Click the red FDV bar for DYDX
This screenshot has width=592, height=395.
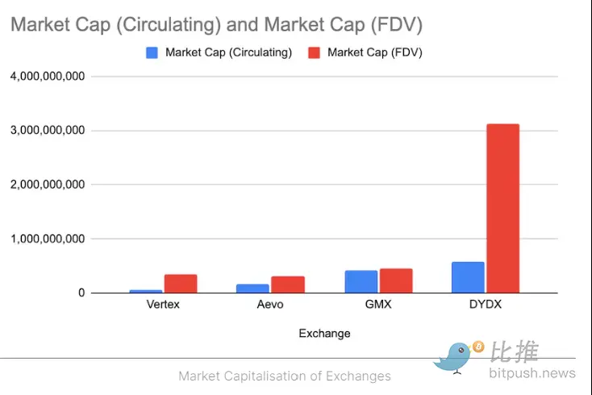(502, 208)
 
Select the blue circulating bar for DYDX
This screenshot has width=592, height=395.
(468, 277)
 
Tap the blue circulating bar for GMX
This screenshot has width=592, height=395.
(361, 281)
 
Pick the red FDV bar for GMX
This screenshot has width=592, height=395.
(396, 281)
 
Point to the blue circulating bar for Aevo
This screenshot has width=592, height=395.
(252, 288)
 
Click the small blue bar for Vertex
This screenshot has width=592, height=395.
(146, 291)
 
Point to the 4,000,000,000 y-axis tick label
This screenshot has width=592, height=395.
(48, 77)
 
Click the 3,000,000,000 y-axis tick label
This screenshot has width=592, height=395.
(48, 131)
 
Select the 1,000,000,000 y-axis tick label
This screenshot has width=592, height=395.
(48, 239)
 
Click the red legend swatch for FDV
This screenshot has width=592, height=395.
(314, 52)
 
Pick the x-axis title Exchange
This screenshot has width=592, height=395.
(324, 333)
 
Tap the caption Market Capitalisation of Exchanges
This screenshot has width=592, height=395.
(284, 376)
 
